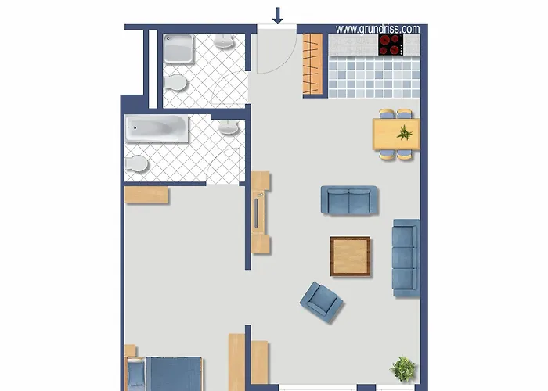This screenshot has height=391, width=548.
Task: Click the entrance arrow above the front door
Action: (277, 15)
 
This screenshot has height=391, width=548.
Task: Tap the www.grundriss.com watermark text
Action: (377, 29)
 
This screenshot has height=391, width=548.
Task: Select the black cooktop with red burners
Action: (390, 45)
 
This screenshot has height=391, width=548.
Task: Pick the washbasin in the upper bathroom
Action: (225, 42)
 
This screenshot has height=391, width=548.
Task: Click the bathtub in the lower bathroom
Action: (158, 130)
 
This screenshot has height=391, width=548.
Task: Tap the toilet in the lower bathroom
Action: (137, 164)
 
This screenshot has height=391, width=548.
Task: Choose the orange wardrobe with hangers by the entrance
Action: (313, 65)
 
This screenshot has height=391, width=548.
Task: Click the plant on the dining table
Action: (404, 132)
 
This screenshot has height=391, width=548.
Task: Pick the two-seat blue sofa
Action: (349, 200)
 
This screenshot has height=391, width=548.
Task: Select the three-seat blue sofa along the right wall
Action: (406, 257)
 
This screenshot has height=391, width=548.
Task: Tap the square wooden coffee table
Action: (350, 256)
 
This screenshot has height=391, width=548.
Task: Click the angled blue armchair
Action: (322, 301)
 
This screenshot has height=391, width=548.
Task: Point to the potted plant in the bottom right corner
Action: (403, 368)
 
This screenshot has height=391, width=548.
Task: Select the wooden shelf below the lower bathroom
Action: (146, 195)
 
